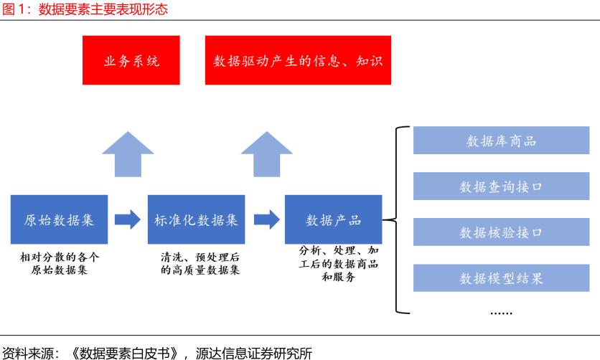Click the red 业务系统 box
click(x=132, y=60)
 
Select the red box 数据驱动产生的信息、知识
click(x=298, y=60)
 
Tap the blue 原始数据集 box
click(x=60, y=219)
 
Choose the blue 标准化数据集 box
click(x=196, y=219)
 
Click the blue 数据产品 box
click(x=333, y=219)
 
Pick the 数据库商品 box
click(x=501, y=141)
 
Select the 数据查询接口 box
click(x=501, y=186)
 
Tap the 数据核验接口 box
click(x=501, y=232)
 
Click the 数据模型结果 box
click(x=501, y=278)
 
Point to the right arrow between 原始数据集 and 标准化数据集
click(x=128, y=219)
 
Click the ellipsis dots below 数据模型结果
click(x=500, y=313)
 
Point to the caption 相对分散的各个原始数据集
click(x=60, y=263)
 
